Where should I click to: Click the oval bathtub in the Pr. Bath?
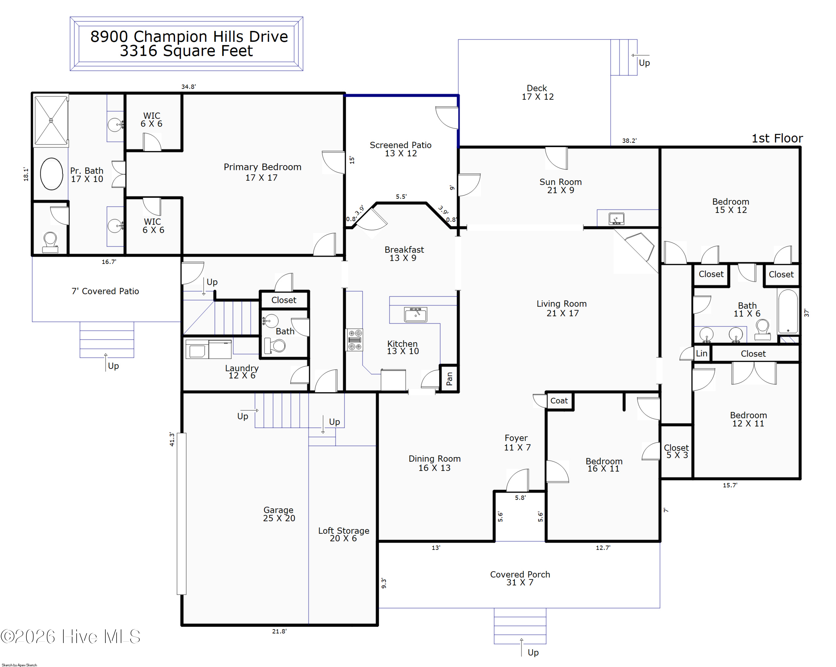tap(52, 174)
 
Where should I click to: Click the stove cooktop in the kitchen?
tap(354, 340)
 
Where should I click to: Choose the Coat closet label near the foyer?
tap(559, 401)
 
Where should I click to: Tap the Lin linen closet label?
tap(701, 353)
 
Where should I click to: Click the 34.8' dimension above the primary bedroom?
tap(188, 86)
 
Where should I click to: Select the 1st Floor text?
tap(777, 139)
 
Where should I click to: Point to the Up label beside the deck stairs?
tap(644, 63)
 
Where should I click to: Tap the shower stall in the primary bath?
tap(51, 121)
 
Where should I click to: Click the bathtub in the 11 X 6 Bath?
tap(788, 311)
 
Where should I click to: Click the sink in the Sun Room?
tap(616, 219)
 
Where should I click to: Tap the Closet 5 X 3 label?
tap(677, 451)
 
